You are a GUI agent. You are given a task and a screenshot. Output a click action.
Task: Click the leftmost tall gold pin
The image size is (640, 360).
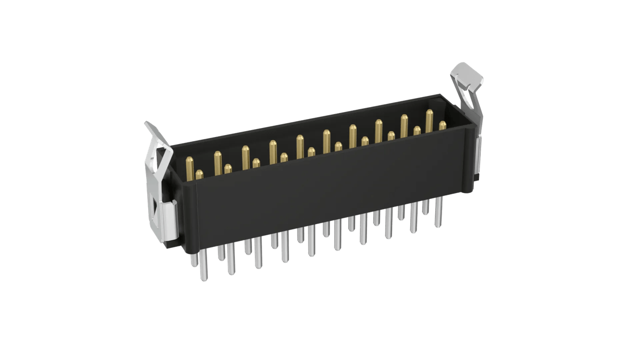pos(188,167)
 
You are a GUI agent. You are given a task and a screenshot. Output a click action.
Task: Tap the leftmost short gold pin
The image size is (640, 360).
pos(199,174)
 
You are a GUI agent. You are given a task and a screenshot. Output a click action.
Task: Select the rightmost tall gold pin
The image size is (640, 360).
pos(429,120)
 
